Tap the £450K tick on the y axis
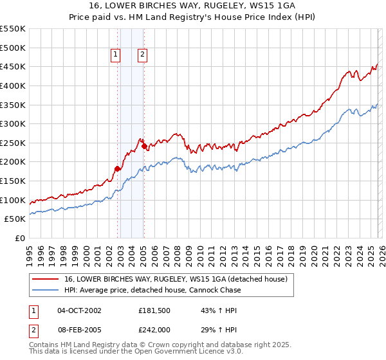(13, 66)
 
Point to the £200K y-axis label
(13, 162)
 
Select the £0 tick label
(19, 238)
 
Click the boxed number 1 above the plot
(116, 55)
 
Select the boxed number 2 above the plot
(142, 55)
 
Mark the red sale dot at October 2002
(117, 169)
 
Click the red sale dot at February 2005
(144, 146)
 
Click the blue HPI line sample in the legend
(46, 290)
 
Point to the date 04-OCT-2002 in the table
(79, 311)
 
